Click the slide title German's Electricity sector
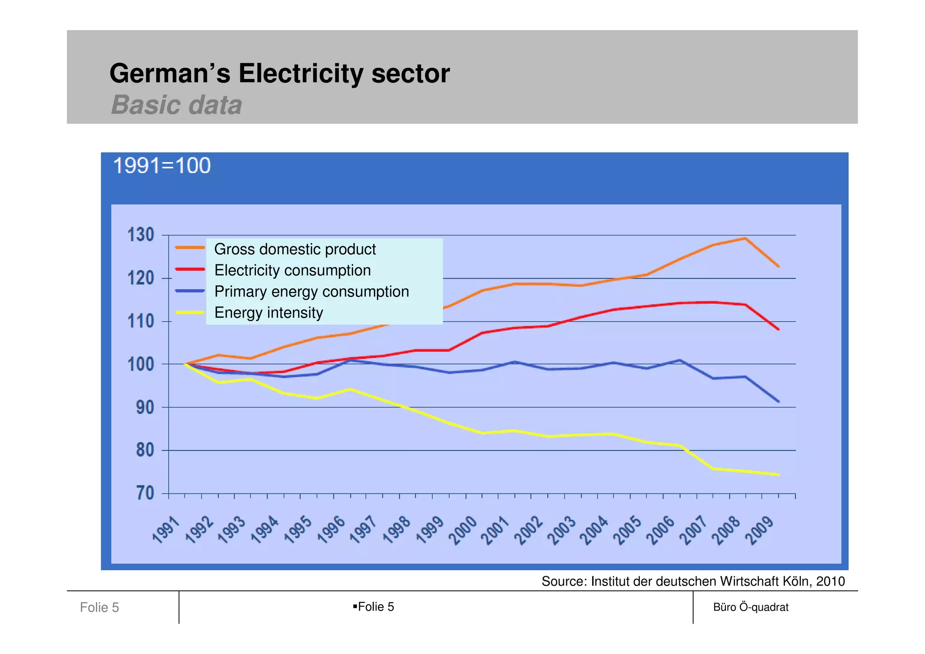279,74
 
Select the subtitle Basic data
177,105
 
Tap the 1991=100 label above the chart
162,165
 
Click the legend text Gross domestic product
294,249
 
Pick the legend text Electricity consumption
292,270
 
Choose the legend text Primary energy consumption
311,292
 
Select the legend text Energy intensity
268,313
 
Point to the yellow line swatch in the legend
190,312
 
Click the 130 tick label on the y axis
140,235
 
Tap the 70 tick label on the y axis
145,493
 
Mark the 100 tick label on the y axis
140,364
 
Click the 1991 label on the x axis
166,530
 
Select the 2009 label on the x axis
759,531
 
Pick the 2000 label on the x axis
462,531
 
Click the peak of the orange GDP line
745,238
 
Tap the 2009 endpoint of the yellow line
778,475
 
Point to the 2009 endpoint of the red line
778,329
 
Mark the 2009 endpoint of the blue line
778,401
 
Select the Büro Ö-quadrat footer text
751,607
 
